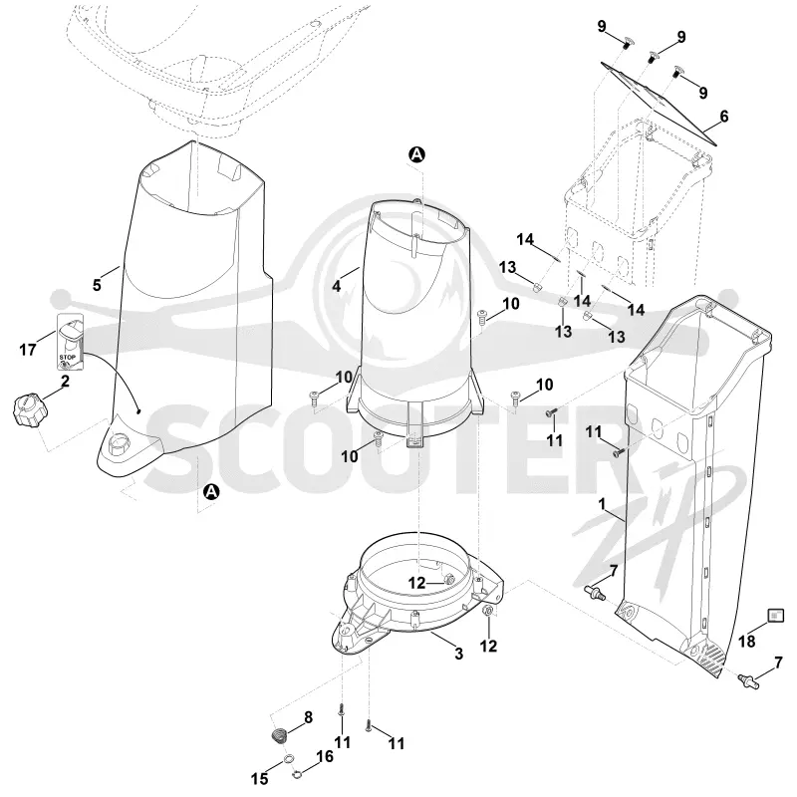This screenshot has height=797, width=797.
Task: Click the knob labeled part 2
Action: coord(30,409)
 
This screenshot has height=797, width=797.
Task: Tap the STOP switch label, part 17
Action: coord(69,341)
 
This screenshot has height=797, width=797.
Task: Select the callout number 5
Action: coord(97,285)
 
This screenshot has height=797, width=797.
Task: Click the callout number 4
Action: coord(336,286)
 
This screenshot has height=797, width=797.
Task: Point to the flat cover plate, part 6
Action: coord(659,104)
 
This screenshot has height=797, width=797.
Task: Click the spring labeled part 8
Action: coord(279,735)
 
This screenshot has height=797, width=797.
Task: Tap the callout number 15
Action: coord(259,778)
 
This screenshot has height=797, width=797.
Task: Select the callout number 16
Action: coord(325,756)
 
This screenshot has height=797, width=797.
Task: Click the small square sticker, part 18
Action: coord(776,616)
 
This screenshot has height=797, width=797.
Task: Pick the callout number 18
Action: coord(746,642)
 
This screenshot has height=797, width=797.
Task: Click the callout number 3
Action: coord(458,654)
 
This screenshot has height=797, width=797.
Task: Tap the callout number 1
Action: coord(602,504)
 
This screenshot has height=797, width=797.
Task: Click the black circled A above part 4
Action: coord(416,154)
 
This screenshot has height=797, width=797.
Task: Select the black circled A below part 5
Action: coord(210,491)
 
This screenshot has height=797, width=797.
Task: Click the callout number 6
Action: coord(724,117)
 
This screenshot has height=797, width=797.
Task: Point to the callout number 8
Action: coord(308,717)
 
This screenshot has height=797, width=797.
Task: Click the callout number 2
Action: coord(65,381)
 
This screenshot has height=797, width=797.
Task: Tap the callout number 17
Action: coord(28,350)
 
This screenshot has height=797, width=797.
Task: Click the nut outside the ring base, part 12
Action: coord(486,611)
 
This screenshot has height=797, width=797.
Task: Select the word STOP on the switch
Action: coord(67,358)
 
